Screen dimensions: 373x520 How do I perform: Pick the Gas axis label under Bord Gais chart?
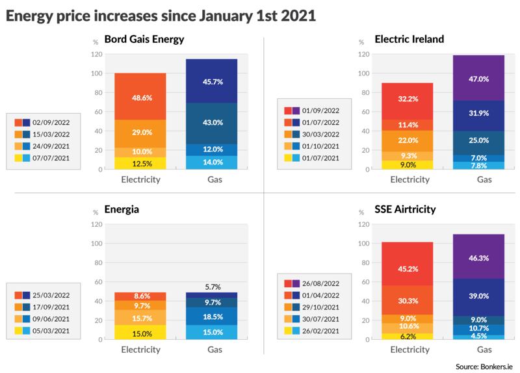(x=212, y=179)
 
